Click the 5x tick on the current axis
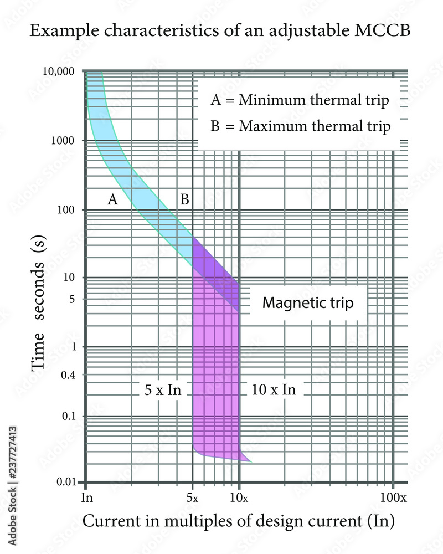click(192, 497)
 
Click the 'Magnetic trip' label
click(307, 304)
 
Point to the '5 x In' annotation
click(163, 389)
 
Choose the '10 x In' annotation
click(274, 389)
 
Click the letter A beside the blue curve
click(112, 200)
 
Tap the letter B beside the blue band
click(184, 200)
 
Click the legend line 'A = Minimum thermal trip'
click(300, 101)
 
